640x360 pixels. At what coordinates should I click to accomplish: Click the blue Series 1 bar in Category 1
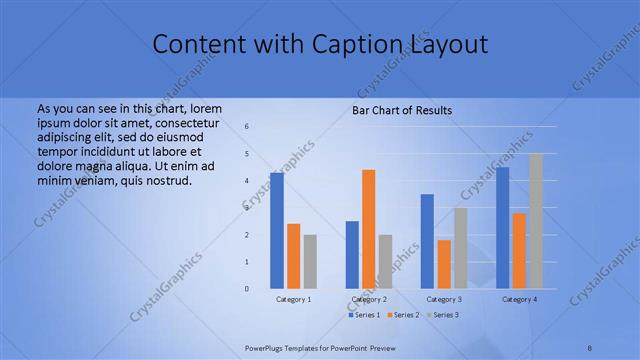277,230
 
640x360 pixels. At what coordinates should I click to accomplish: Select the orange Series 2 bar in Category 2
368,229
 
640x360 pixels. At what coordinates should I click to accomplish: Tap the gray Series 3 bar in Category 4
536,221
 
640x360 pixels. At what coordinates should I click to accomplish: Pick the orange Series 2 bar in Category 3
444,264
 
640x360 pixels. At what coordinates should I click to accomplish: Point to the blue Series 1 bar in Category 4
502,227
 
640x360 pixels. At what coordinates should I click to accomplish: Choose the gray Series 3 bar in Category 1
310,261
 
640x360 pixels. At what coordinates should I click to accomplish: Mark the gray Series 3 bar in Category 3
460,248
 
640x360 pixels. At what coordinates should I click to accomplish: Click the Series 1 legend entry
363,315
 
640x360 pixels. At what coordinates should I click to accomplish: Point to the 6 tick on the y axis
247,127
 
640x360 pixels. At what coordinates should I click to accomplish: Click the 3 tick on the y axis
247,208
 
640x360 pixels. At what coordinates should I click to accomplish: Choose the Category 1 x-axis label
293,299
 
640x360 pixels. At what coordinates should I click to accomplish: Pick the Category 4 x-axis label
519,299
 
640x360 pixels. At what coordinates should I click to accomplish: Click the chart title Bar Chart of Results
402,109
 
